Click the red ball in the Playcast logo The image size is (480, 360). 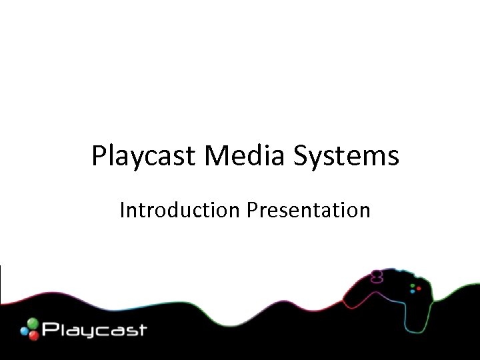[31, 334]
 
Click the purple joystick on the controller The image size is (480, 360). [377, 275]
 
